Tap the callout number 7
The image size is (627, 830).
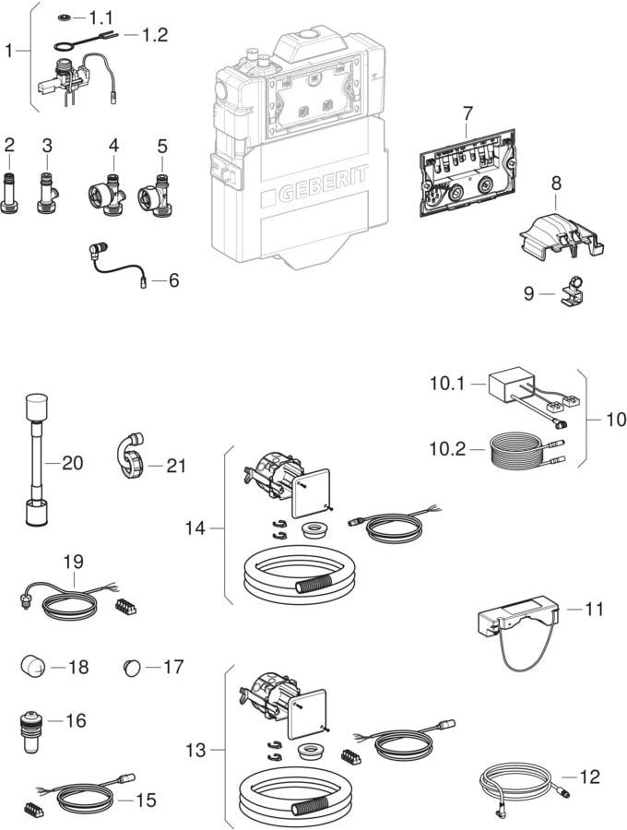467,113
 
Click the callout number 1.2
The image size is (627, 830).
155,35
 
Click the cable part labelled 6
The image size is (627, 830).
117,263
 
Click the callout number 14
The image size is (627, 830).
195,528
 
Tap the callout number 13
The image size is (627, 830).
195,751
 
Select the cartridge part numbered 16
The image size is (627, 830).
30,730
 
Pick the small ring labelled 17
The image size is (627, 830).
134,666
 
